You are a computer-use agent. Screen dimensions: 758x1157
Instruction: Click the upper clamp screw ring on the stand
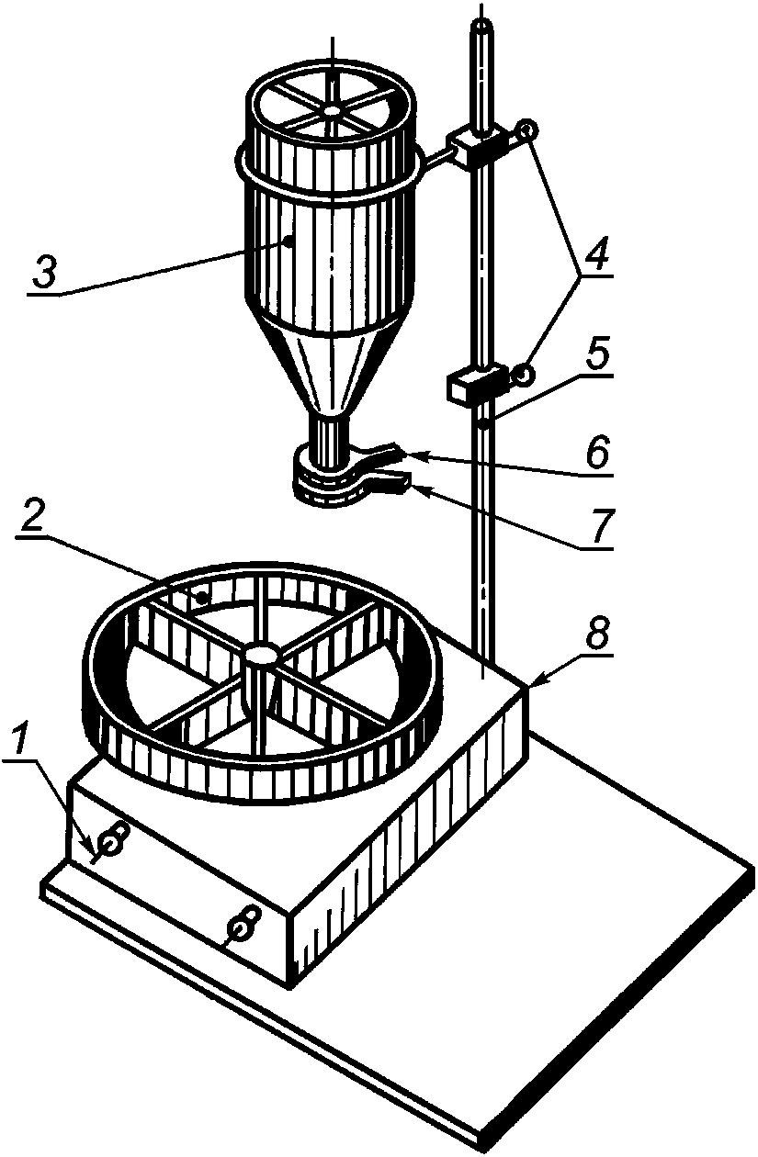[x=526, y=129]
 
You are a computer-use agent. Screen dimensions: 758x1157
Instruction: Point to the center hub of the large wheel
[x=262, y=654]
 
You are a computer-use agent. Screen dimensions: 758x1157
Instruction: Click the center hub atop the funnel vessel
[x=331, y=110]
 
